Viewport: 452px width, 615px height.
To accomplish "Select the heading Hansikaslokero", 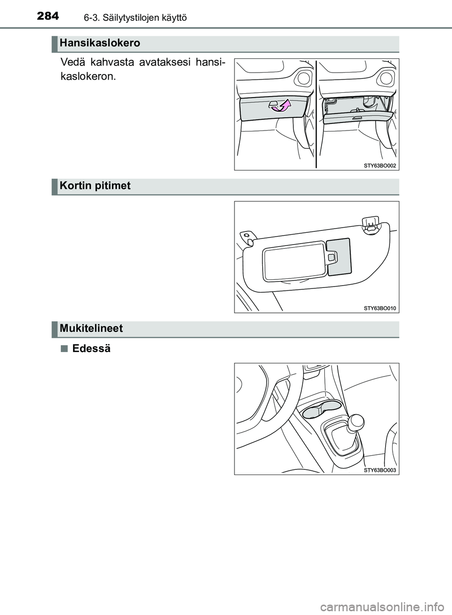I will (100, 43).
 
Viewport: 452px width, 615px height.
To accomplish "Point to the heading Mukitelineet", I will (91, 328).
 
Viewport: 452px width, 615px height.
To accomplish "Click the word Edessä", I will (91, 349).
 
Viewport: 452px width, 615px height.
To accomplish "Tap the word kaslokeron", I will (88, 76).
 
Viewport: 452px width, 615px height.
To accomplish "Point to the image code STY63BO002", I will (380, 165).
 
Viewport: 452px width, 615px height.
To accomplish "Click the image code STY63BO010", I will (380, 308).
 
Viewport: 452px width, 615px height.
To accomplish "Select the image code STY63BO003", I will (380, 470).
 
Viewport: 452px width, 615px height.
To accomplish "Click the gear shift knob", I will (356, 421).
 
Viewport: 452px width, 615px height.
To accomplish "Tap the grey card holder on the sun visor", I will (338, 256).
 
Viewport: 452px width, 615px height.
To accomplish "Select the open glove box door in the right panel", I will (358, 117).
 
